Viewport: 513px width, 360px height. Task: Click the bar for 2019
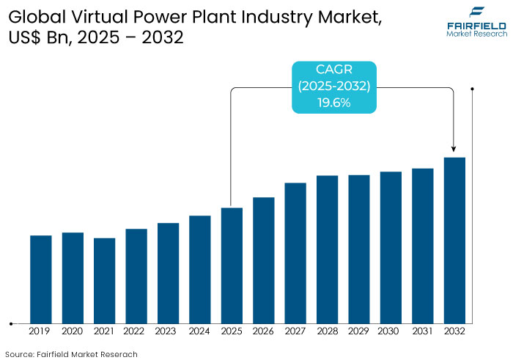pyautogui.click(x=41, y=279)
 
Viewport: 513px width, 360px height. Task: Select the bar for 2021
pyautogui.click(x=104, y=280)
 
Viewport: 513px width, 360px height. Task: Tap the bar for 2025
pyautogui.click(x=232, y=265)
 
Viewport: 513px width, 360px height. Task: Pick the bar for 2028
pyautogui.click(x=327, y=249)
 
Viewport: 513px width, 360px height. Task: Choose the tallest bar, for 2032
pyautogui.click(x=454, y=240)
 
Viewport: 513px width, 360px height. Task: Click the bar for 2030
pyautogui.click(x=391, y=247)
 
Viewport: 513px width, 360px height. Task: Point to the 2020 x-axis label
pyautogui.click(x=73, y=331)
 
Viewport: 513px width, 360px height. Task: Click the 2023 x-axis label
pyautogui.click(x=168, y=331)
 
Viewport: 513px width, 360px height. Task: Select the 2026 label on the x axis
pyautogui.click(x=264, y=331)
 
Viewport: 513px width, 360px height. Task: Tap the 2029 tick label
pyautogui.click(x=359, y=331)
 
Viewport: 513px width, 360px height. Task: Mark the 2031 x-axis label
pyautogui.click(x=423, y=331)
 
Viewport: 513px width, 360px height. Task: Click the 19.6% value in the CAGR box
pyautogui.click(x=333, y=103)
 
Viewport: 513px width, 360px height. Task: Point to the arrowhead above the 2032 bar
pyautogui.click(x=454, y=150)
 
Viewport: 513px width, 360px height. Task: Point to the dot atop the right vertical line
pyautogui.click(x=473, y=89)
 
